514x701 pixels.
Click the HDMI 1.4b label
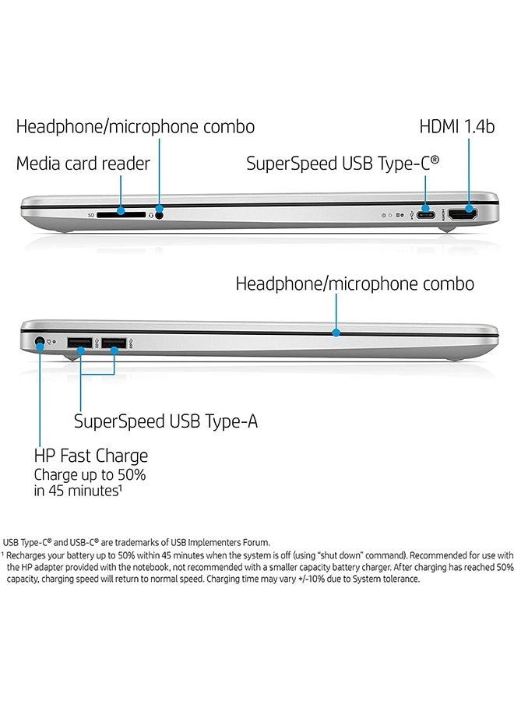(x=457, y=126)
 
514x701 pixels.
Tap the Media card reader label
(x=83, y=164)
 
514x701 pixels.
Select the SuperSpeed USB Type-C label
(x=343, y=163)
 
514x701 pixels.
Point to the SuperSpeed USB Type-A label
(x=166, y=421)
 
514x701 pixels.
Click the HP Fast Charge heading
(x=90, y=456)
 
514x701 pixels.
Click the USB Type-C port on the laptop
(x=426, y=211)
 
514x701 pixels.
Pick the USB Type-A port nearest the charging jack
(x=79, y=342)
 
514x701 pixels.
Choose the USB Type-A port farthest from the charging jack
(x=114, y=342)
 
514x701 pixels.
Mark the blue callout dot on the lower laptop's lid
(x=336, y=333)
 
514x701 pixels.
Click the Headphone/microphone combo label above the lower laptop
(x=354, y=284)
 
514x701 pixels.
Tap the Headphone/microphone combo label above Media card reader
(x=136, y=126)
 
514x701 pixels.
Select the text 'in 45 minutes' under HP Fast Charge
(x=77, y=491)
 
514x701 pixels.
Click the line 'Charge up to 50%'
(x=90, y=474)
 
